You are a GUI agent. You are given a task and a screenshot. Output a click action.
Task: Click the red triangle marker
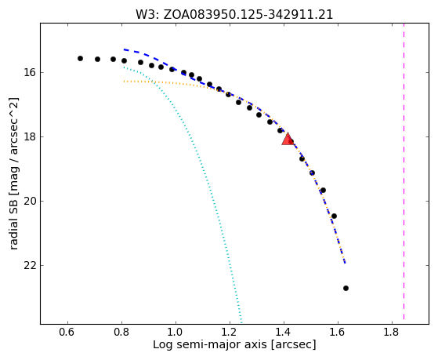point(288,139)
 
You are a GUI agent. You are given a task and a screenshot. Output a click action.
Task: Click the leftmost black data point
point(80,59)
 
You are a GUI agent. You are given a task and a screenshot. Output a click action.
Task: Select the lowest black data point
point(346,288)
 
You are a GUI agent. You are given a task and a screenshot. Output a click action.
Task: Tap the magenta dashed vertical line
point(404,171)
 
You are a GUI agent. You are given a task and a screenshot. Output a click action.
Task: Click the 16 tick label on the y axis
point(29,72)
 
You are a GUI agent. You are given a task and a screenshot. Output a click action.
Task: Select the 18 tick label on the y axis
point(29,136)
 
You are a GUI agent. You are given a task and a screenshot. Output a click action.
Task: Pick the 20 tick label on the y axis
point(29,201)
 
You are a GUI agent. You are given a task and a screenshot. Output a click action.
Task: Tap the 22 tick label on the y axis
point(29,265)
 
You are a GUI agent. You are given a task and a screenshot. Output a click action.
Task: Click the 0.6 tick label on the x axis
point(67,333)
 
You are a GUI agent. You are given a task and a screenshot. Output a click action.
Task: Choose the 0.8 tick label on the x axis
point(121,333)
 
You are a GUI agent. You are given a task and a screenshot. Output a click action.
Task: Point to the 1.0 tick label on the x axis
point(176,333)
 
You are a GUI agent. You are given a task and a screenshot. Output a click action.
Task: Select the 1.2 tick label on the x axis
point(230,333)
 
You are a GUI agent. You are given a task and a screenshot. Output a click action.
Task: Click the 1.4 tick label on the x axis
point(284,333)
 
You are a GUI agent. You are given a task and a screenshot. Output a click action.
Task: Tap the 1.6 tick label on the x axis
point(338,333)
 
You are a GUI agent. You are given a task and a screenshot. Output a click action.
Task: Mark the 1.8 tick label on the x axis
point(393,333)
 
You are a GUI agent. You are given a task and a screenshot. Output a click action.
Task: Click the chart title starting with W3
point(234,15)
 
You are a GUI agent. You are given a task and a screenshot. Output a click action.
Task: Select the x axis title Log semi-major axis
point(234,345)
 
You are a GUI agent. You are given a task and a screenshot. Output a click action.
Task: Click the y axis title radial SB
point(13,173)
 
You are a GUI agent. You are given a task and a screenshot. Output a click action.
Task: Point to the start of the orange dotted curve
point(124,82)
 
